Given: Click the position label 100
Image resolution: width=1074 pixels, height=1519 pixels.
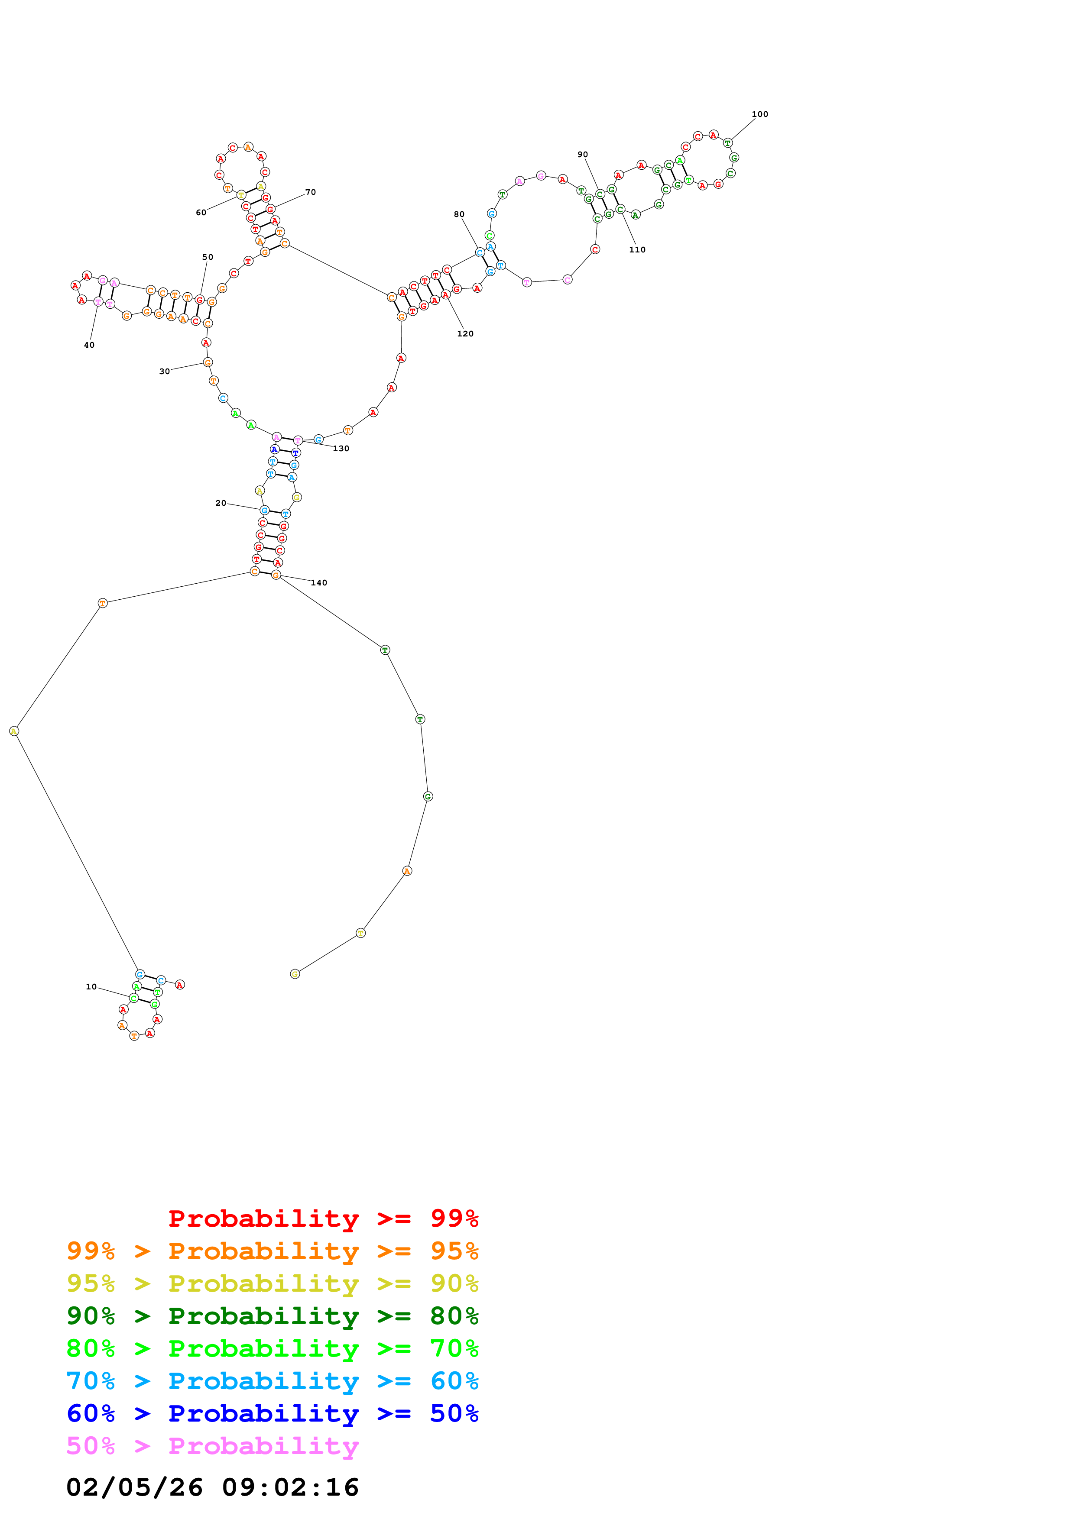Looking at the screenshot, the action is point(759,114).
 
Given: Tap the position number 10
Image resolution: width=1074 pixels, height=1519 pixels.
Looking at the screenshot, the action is point(91,986).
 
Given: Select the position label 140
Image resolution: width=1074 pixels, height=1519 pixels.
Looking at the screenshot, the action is point(319,583).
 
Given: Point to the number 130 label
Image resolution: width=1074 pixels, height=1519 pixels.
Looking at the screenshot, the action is point(341,449).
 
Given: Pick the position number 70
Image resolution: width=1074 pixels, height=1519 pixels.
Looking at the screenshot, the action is point(310,193).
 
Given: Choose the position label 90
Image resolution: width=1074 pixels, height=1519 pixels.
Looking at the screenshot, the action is point(582,155).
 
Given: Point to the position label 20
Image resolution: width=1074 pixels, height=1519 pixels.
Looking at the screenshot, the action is point(221,504).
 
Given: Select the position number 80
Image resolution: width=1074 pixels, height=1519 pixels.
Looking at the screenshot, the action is point(459,214).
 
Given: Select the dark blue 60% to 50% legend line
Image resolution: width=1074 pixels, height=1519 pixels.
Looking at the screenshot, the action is point(272,1414).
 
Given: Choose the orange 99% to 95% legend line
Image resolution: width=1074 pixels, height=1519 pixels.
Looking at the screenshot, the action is point(272,1251).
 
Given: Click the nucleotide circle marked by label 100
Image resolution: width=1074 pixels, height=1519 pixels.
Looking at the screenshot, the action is point(727,143).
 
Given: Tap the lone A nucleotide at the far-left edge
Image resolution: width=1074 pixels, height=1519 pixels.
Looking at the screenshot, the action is point(14,731).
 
